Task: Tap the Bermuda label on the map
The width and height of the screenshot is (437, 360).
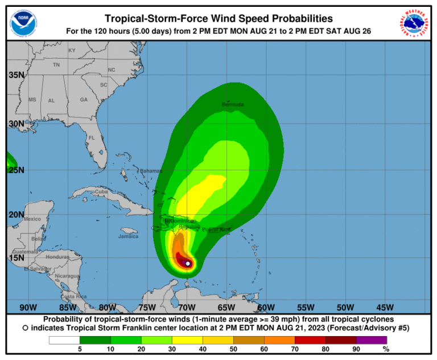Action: point(233,105)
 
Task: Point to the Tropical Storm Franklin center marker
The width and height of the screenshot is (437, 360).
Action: point(188,263)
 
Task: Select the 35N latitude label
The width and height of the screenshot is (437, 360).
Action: point(16,75)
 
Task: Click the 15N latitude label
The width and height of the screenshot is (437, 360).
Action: point(16,257)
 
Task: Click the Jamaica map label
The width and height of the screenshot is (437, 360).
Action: point(128,236)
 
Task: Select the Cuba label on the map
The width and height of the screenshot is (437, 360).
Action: point(101,192)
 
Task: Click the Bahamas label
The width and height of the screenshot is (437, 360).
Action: point(151,171)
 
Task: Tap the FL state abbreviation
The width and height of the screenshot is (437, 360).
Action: point(91,138)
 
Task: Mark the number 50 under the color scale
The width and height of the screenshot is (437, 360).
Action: point(233,349)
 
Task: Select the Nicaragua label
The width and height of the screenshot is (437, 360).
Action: point(68,276)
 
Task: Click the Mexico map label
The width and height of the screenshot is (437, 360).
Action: point(32,219)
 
